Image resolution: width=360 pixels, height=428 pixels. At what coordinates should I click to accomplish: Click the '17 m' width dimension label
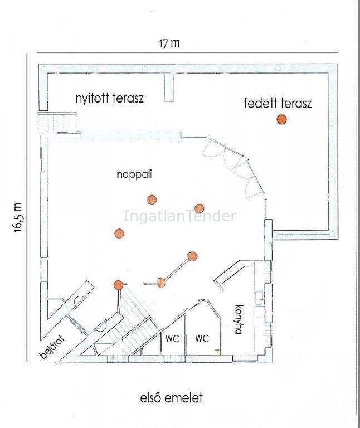pos(169,43)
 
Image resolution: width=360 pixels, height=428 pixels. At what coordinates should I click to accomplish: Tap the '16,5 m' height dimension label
pos(18,217)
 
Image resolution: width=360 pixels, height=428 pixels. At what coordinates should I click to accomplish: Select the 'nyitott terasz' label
pos(109,98)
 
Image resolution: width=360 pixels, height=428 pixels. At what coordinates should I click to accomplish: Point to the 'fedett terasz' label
pos(278,104)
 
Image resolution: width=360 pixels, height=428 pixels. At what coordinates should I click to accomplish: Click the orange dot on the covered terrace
pos(281,119)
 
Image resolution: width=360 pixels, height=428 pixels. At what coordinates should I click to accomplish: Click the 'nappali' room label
pos(134,174)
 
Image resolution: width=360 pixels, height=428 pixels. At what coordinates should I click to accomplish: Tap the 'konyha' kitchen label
pos(238,319)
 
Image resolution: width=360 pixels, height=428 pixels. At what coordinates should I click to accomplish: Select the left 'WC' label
pos(172,339)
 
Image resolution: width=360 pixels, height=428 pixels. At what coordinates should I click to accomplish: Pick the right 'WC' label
pos(202,338)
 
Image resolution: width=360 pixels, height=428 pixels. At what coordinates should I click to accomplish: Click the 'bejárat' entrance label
pos(53,347)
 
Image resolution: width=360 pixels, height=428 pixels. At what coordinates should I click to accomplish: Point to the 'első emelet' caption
pos(172,398)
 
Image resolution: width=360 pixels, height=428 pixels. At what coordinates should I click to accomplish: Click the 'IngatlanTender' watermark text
pos(180,216)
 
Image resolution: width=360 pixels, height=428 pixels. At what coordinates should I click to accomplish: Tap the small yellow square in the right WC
pos(217,353)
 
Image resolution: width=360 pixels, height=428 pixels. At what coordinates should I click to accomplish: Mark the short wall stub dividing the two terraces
pos(169,87)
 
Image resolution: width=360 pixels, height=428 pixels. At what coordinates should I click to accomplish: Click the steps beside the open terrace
pos(57,121)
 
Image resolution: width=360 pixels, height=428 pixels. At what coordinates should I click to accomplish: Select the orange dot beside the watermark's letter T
pos(200,208)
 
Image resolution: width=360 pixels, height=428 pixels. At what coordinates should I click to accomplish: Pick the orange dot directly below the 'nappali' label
pos(152,200)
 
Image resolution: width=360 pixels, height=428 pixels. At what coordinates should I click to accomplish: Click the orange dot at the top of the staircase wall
pos(118,285)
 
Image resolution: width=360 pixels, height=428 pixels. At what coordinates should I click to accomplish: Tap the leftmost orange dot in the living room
pos(119,234)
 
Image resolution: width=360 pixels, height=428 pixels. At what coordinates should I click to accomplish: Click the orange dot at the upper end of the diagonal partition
pos(192,256)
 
